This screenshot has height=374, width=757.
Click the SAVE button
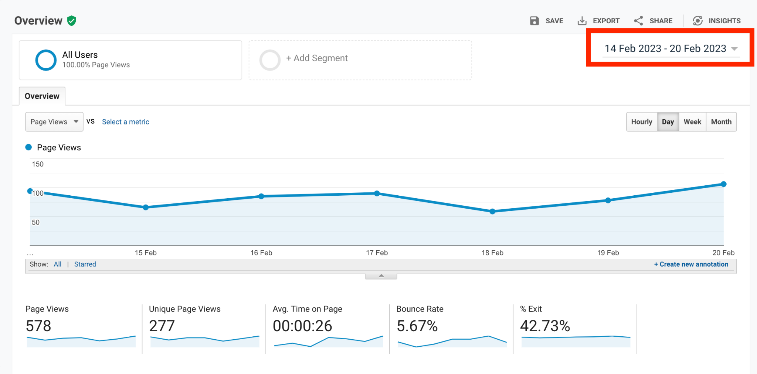[x=546, y=21]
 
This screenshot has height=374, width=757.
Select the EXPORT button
[x=598, y=21]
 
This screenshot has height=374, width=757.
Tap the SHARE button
[x=653, y=21]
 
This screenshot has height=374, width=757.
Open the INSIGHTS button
[x=717, y=21]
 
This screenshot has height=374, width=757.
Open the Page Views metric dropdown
[x=54, y=122]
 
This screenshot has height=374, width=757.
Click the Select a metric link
[x=126, y=122]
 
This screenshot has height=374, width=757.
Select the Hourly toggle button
[x=642, y=122]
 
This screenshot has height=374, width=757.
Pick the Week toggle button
[x=692, y=122]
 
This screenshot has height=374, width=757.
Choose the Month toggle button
[x=721, y=122]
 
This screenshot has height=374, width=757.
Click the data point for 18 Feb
[x=492, y=212]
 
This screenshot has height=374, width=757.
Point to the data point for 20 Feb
[x=724, y=184]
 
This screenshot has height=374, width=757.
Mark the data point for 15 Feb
[x=146, y=207]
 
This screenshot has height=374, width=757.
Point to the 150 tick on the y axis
[x=38, y=164]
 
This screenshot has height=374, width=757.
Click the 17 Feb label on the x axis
[x=377, y=253]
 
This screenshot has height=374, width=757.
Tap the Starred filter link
[x=85, y=264]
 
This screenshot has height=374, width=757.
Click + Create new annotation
[x=691, y=264]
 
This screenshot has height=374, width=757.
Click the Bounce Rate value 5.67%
[x=417, y=326]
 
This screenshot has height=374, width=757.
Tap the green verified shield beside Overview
[x=72, y=21]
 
